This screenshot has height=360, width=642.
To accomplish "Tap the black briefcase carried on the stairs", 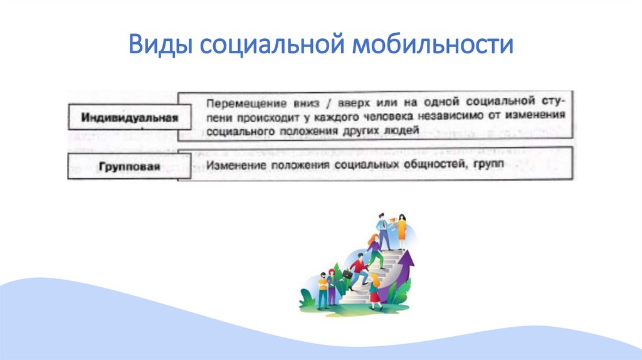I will [347, 274].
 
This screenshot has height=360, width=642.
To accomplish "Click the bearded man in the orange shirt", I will [322, 289].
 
